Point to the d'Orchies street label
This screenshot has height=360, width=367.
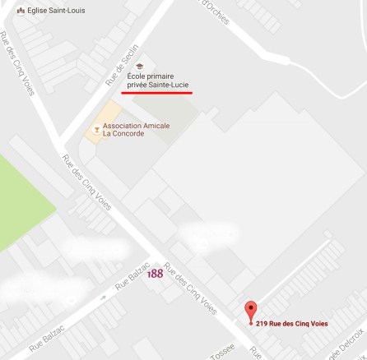click(215, 7)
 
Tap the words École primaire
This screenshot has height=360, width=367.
click(154, 76)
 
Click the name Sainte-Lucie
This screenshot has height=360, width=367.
click(171, 85)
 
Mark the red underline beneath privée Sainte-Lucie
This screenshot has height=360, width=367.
click(157, 93)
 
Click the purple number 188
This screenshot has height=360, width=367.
click(154, 274)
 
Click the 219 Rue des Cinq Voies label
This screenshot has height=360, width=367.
click(292, 324)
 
